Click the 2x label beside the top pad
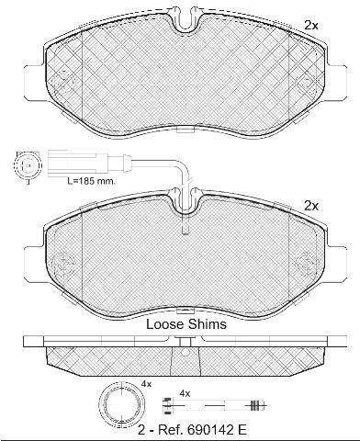[311, 26]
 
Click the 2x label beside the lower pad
[311, 206]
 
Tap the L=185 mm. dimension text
[92, 181]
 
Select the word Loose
[164, 324]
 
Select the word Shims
[208, 324]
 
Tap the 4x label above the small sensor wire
[185, 393]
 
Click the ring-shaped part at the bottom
[122, 403]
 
